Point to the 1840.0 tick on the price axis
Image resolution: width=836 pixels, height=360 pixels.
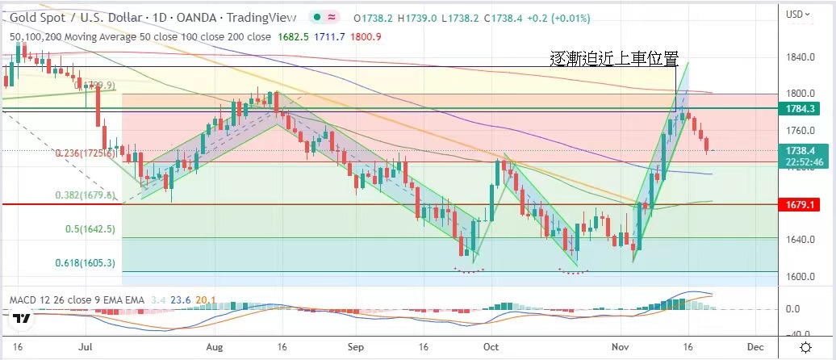(799, 57)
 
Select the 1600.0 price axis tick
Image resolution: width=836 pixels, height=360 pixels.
(799, 277)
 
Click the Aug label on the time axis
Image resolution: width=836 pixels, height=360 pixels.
(214, 346)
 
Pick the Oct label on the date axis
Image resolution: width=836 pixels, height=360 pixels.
(488, 346)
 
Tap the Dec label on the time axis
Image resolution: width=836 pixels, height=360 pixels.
(754, 346)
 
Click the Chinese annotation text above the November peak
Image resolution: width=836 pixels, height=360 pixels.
(613, 58)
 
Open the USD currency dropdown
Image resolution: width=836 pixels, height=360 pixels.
(800, 14)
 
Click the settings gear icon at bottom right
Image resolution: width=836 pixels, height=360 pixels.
(805, 346)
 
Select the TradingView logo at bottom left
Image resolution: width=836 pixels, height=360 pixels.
(23, 318)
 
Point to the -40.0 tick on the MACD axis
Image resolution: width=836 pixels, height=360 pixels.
(799, 334)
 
